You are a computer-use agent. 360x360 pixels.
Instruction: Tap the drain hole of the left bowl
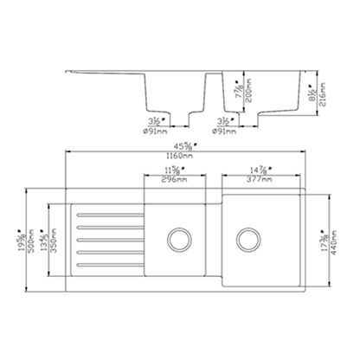click(181, 235)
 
